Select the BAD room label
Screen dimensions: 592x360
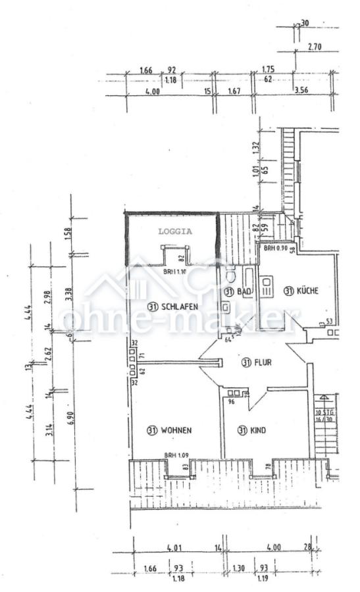click(244, 291)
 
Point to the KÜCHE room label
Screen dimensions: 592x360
click(307, 291)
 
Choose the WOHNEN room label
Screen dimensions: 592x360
click(175, 431)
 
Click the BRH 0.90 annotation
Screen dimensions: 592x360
click(276, 249)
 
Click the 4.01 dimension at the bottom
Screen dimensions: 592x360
click(174, 547)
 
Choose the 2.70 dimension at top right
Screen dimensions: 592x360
click(315, 47)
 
